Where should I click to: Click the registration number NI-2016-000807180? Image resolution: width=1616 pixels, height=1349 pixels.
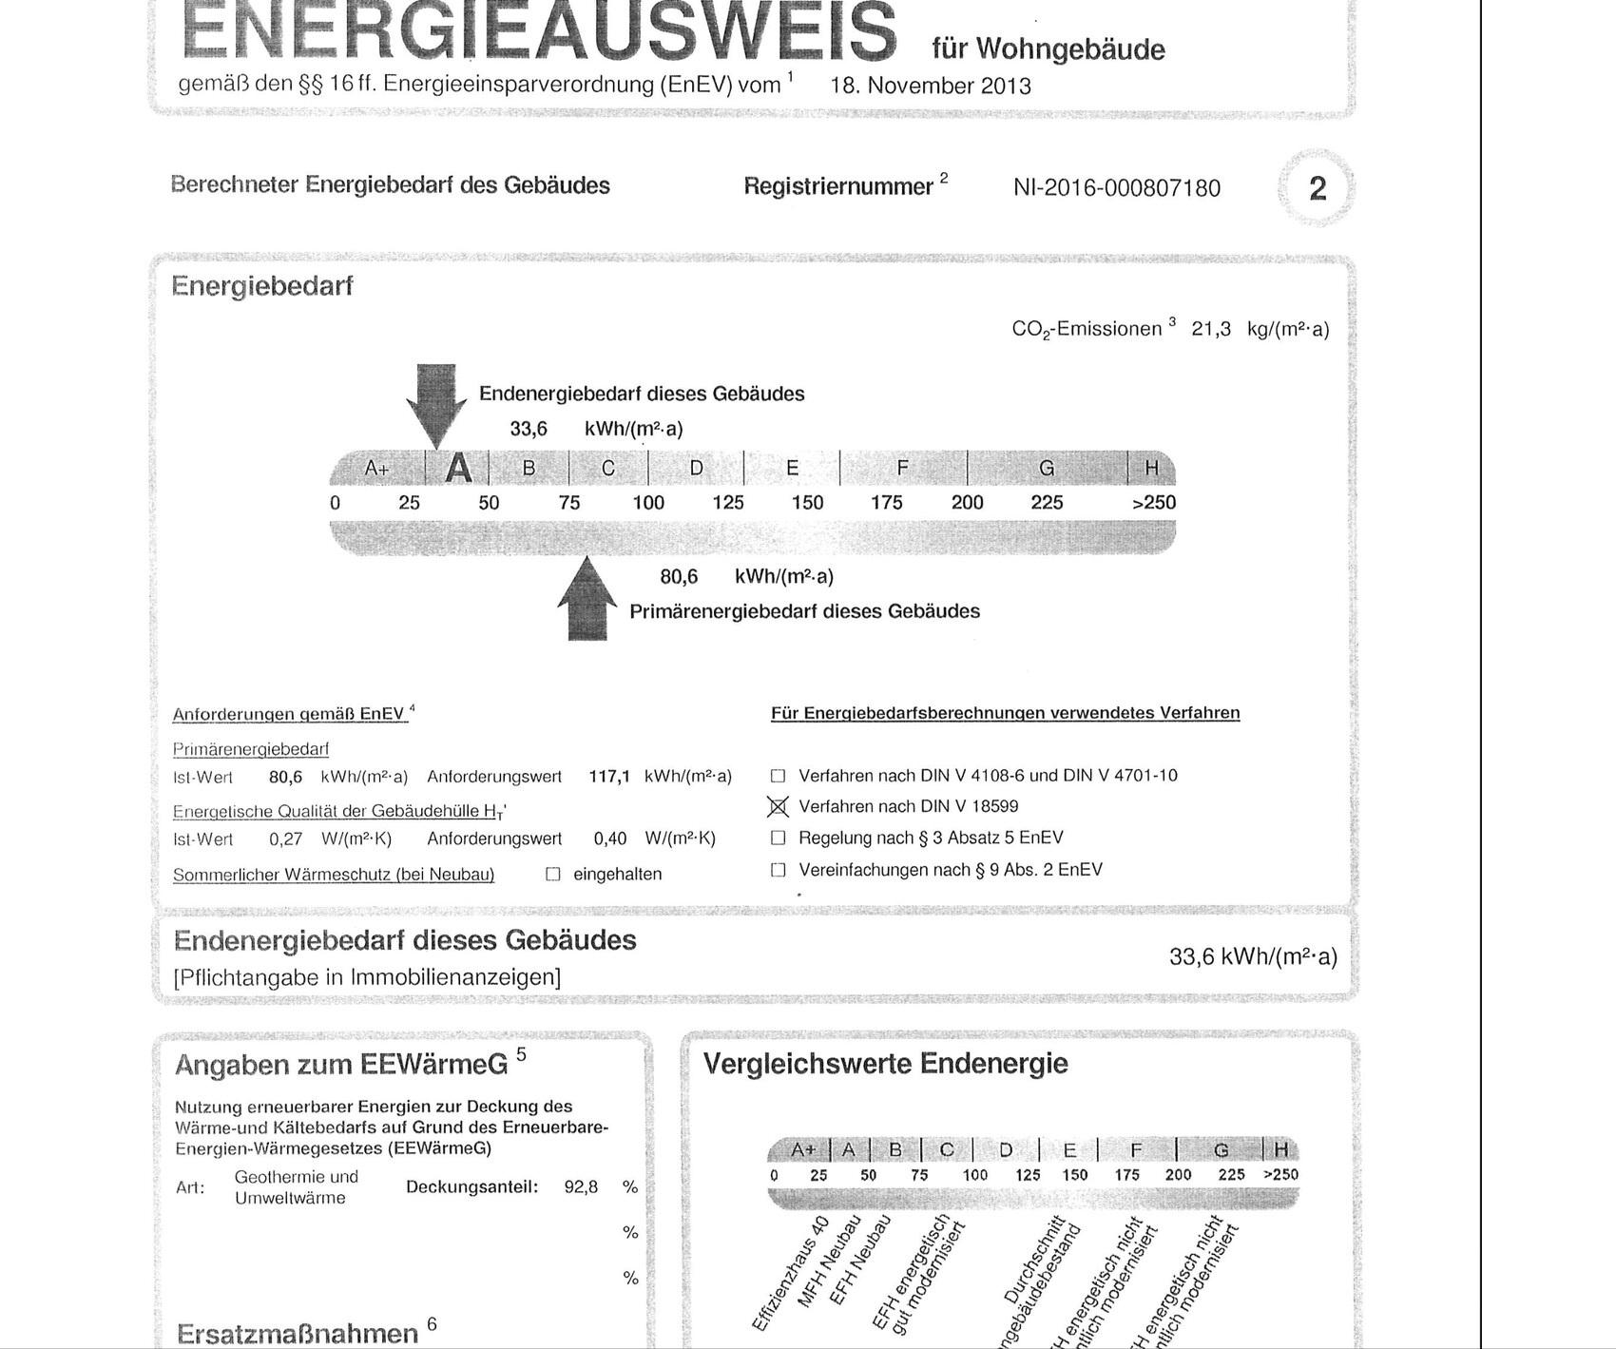[1116, 188]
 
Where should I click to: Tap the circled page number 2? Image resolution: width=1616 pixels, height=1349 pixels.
[1317, 188]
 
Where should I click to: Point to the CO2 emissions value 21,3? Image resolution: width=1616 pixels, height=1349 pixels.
[1210, 329]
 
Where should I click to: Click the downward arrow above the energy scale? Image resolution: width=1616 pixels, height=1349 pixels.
[436, 403]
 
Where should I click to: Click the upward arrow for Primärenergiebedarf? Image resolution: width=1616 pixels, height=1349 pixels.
[587, 600]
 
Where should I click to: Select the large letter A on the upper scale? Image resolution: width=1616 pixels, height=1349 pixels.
[459, 468]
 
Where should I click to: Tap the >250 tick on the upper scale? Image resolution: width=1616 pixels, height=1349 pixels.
[1153, 503]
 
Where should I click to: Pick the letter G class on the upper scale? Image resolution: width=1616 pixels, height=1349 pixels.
[1047, 468]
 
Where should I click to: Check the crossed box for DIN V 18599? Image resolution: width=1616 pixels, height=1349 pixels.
[778, 807]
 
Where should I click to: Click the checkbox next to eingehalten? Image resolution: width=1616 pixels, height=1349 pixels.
[553, 875]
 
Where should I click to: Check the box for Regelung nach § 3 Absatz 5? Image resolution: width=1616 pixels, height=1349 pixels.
[778, 838]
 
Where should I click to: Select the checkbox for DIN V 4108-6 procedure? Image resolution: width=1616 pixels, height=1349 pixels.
[778, 776]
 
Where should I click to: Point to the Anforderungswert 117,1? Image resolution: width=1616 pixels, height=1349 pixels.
[609, 777]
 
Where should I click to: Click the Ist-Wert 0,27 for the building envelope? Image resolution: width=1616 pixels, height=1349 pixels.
[285, 839]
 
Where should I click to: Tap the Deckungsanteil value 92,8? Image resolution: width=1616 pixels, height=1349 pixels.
[581, 1186]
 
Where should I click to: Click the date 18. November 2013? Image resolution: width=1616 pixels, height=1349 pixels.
[930, 87]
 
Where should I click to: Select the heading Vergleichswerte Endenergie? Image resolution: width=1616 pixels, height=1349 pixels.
[885, 1064]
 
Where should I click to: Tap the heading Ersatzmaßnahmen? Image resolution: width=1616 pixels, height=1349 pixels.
[297, 1333]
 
